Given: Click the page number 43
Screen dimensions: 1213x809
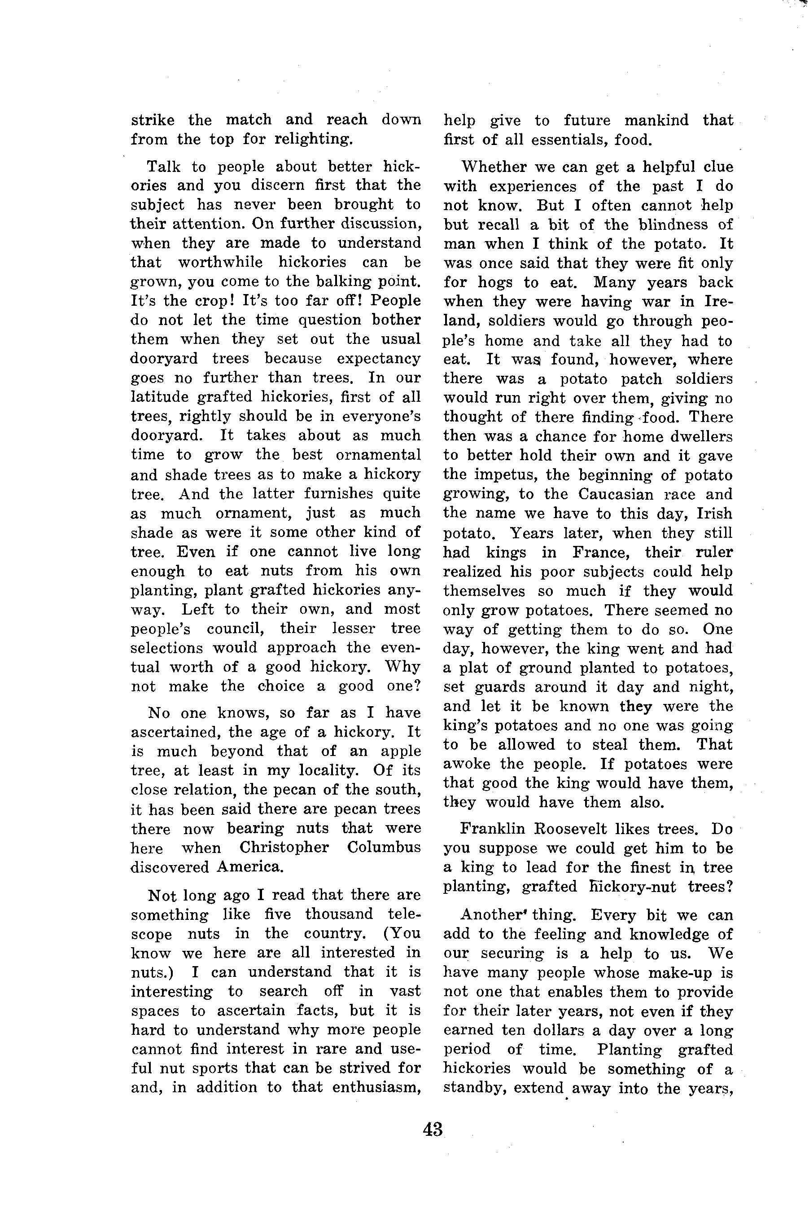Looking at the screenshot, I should pyautogui.click(x=433, y=1129).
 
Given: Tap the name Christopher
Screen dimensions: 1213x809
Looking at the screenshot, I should pyautogui.click(x=284, y=848).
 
